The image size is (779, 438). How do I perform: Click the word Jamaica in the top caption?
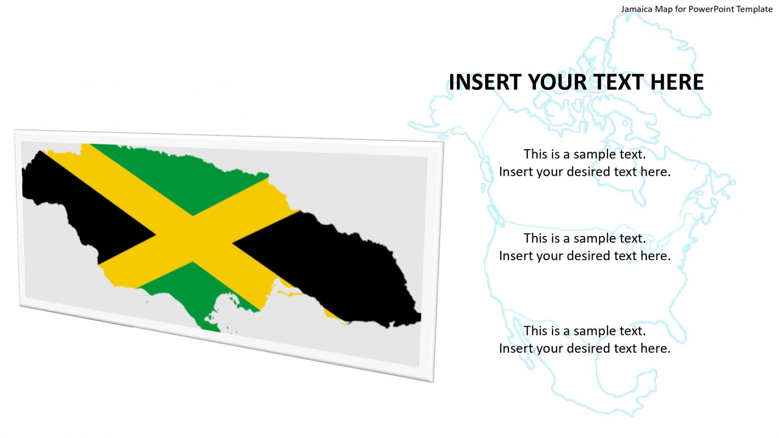(x=637, y=9)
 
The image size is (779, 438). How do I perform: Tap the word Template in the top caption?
(x=754, y=9)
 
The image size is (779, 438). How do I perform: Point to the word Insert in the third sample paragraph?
(x=516, y=348)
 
